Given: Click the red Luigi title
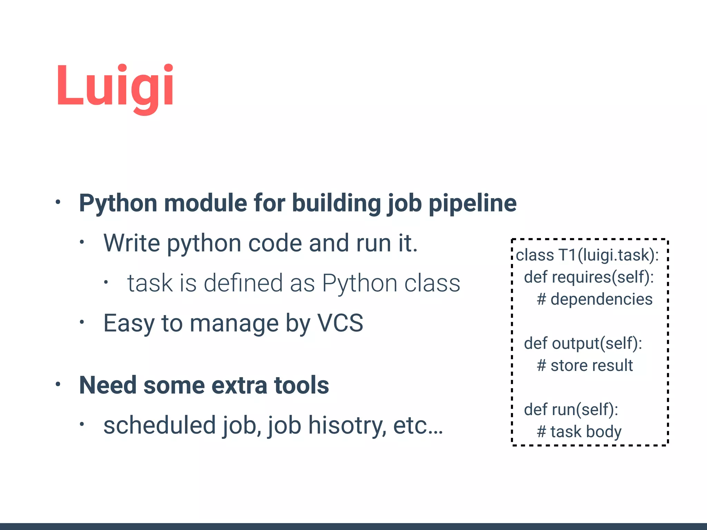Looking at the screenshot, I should (x=115, y=86).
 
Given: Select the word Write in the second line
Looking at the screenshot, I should (x=132, y=243).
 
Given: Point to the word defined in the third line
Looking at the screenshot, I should (x=243, y=283).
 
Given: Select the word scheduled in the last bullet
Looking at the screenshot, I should (x=160, y=425).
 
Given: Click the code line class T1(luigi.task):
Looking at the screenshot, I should (x=587, y=255).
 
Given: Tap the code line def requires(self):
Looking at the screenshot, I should (x=589, y=277).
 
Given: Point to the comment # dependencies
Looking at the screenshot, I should (x=594, y=299).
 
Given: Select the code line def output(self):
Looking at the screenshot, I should (x=583, y=344).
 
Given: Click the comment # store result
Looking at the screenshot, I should (x=585, y=365).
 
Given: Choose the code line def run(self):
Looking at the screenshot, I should (x=571, y=410).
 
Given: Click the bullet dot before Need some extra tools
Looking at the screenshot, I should (x=58, y=384).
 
